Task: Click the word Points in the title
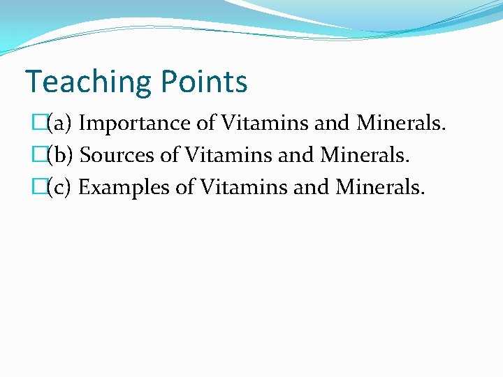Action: point(203,82)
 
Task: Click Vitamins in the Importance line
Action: point(265,124)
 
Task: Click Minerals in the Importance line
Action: point(401,124)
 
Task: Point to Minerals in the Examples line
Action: point(379,187)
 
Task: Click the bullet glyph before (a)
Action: point(39,124)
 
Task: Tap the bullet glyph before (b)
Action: point(39,155)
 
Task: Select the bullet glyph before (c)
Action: point(39,187)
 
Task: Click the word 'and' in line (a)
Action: point(331,124)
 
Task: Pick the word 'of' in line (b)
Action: point(170,155)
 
